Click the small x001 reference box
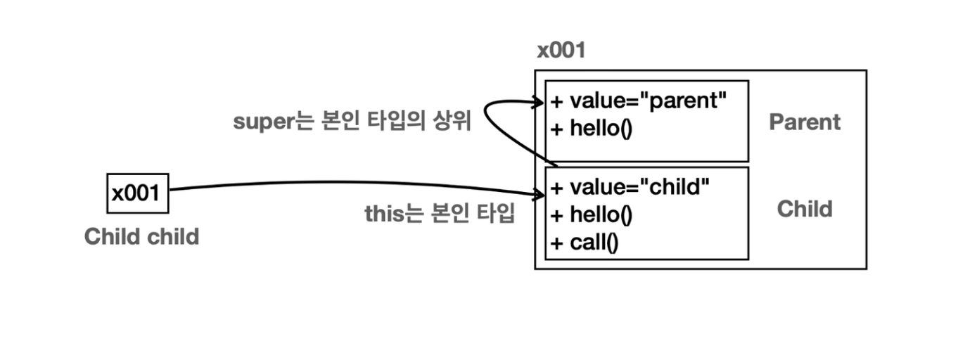pyautogui.click(x=138, y=193)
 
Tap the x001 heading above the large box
pyautogui.click(x=561, y=51)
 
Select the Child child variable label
pyautogui.click(x=141, y=236)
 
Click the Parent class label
pyautogui.click(x=804, y=122)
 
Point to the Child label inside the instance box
pyautogui.click(x=804, y=209)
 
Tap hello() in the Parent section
pyautogui.click(x=600, y=130)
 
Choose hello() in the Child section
pyautogui.click(x=600, y=216)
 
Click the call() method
pyautogui.click(x=594, y=243)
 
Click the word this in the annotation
pyautogui.click(x=384, y=213)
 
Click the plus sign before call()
pyautogui.click(x=557, y=244)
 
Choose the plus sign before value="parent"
pyautogui.click(x=557, y=102)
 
